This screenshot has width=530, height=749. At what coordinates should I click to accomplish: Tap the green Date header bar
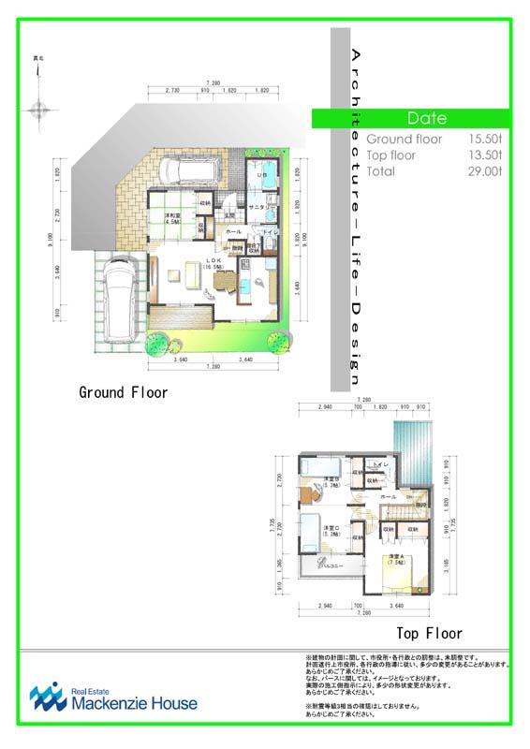click(x=426, y=119)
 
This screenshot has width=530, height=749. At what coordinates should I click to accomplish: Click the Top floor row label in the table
click(x=391, y=155)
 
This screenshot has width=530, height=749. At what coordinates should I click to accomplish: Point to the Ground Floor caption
click(x=123, y=392)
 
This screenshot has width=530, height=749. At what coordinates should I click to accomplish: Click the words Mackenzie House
click(x=134, y=703)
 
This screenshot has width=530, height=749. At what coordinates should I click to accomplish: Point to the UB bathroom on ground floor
click(x=263, y=175)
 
